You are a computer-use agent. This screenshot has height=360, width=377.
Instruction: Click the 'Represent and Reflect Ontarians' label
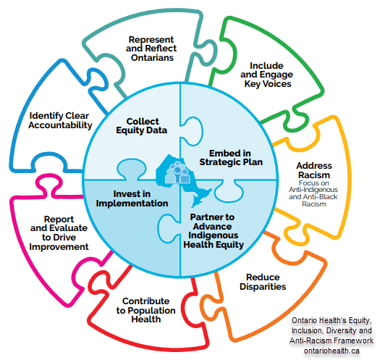click(x=151, y=49)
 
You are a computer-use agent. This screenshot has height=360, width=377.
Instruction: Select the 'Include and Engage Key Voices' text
click(x=266, y=75)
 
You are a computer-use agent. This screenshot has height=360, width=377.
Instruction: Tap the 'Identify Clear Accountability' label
click(x=60, y=120)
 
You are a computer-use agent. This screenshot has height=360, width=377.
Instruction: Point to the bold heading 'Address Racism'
click(x=314, y=170)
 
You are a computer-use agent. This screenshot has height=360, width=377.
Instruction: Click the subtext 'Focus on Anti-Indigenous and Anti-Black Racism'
click(x=313, y=193)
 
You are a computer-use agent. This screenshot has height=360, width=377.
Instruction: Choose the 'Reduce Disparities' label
click(x=263, y=282)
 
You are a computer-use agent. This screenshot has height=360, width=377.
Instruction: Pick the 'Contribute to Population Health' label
click(x=145, y=310)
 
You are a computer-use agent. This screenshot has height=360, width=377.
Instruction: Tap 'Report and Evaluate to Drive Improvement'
click(x=59, y=233)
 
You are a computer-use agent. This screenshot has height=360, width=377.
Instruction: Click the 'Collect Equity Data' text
click(x=142, y=125)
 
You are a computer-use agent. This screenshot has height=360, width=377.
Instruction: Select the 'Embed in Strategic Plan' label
click(x=231, y=157)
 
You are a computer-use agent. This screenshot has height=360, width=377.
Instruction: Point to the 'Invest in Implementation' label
click(x=132, y=198)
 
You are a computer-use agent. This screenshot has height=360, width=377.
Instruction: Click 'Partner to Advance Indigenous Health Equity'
click(x=213, y=231)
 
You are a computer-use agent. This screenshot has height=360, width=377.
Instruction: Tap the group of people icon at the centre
click(x=178, y=172)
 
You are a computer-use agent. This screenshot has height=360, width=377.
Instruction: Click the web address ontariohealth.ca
click(x=331, y=351)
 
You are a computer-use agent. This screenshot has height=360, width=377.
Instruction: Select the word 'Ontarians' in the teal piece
click(x=152, y=58)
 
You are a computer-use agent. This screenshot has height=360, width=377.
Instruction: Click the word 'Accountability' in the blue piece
click(x=60, y=125)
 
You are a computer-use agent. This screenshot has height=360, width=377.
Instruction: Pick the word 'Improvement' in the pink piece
click(x=59, y=247)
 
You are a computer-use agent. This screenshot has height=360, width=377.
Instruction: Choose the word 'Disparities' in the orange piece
click(x=263, y=287)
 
